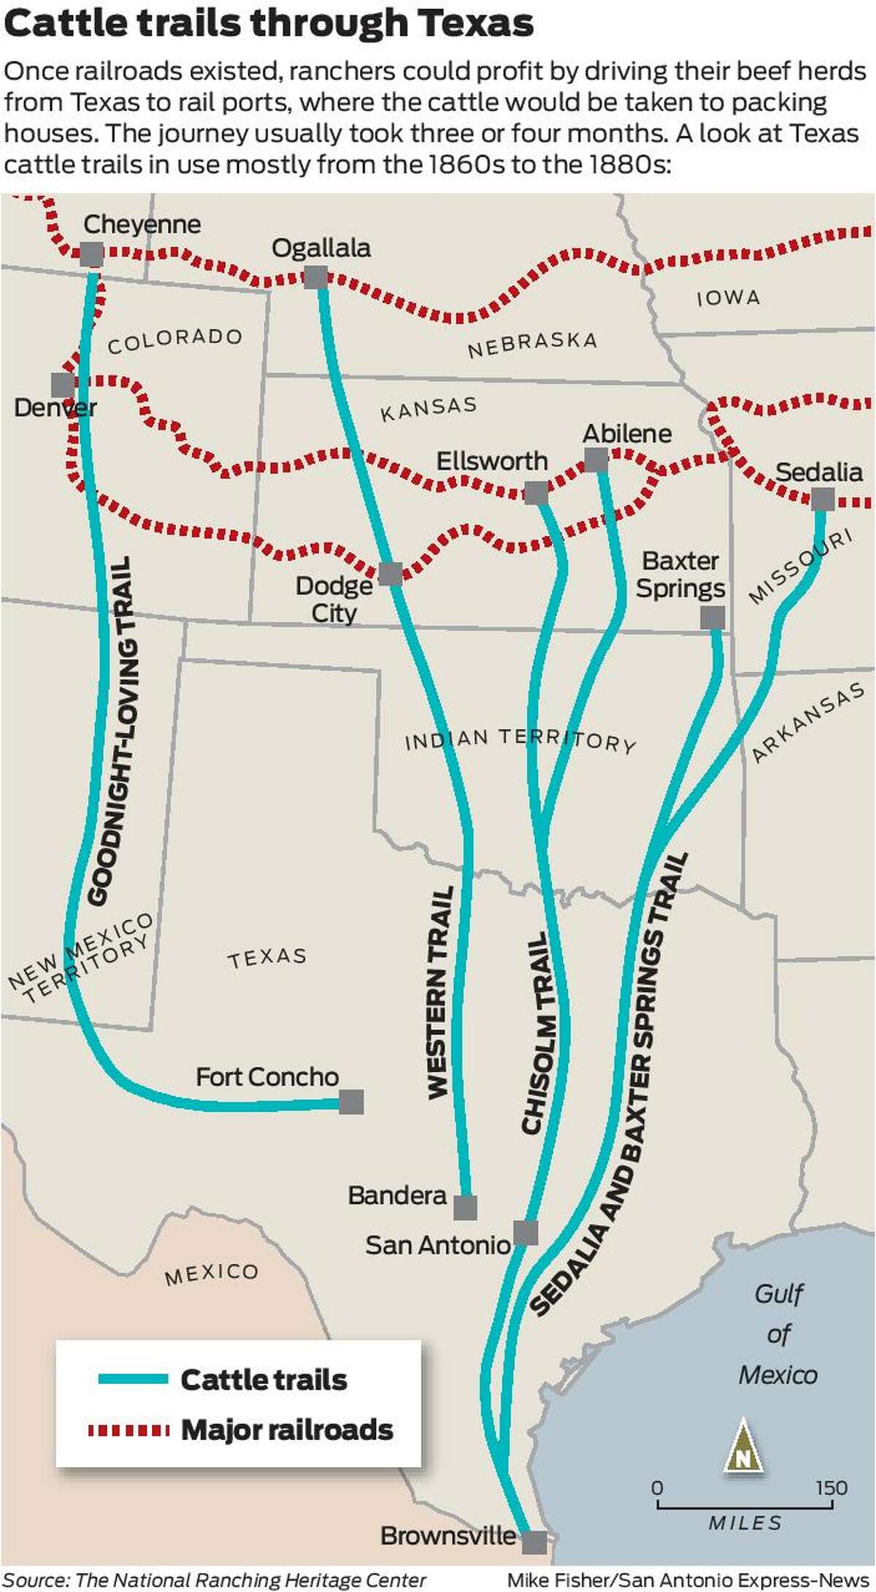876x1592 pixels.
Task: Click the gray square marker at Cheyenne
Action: tap(92, 255)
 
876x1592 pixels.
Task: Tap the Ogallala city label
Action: tap(321, 248)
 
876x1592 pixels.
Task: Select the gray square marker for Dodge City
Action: tap(391, 574)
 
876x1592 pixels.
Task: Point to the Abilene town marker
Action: tap(596, 460)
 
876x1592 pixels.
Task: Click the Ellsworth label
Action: tap(492, 462)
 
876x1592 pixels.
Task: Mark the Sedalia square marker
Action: tap(823, 500)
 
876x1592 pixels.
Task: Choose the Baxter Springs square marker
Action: tap(712, 618)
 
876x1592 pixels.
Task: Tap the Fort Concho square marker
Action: tap(351, 1102)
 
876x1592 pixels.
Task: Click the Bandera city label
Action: tap(397, 1195)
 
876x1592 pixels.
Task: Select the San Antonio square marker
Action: tap(526, 1233)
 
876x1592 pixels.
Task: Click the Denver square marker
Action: tap(63, 385)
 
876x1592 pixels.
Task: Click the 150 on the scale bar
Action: tap(831, 1488)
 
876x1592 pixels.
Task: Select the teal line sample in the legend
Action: tap(134, 1379)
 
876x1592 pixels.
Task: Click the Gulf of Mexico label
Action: tap(778, 1334)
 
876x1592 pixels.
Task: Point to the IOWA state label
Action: tap(729, 298)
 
